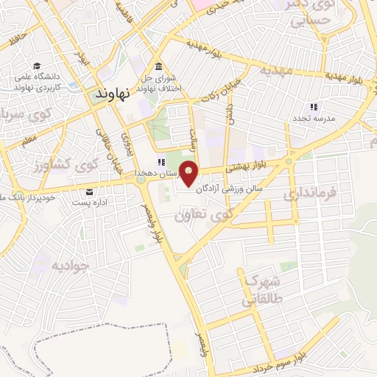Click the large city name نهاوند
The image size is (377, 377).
113,94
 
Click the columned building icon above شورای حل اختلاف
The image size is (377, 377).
158,65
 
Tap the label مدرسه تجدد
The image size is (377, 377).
315,118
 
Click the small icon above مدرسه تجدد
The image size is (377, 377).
314,107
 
